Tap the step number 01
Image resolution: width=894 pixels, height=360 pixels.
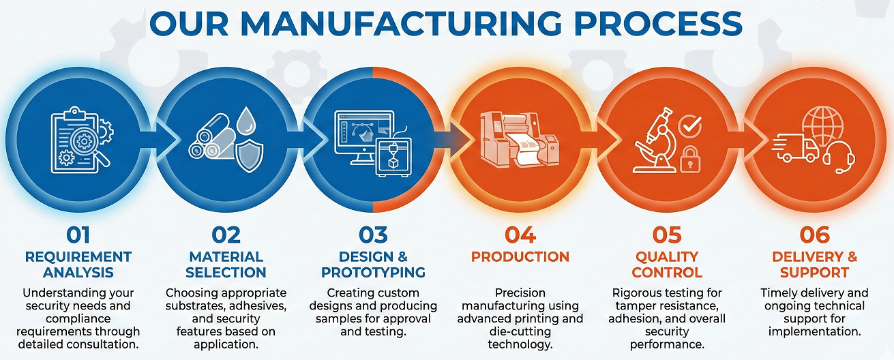tap(78, 235)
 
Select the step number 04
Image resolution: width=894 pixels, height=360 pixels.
tap(520, 235)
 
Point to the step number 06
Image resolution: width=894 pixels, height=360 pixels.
tap(814, 235)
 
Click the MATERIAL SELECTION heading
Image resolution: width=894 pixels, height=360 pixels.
tap(226, 265)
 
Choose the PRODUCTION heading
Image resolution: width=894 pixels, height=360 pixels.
tap(520, 257)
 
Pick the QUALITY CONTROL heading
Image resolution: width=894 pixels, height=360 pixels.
tap(667, 265)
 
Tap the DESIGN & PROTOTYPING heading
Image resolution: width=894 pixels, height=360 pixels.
tap(373, 265)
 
